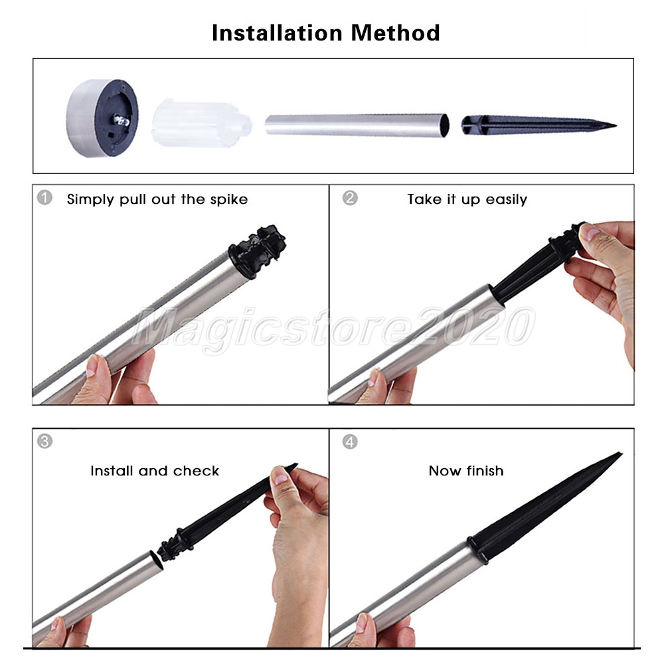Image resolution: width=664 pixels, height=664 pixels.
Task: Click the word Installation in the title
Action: pos(277,33)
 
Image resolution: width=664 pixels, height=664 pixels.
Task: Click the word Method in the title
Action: pos(396,33)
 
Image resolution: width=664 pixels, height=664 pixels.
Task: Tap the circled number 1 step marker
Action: pos(44,197)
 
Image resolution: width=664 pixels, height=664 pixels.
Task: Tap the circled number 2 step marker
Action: pos(350,198)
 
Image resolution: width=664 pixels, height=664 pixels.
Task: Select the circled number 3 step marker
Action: pos(44,442)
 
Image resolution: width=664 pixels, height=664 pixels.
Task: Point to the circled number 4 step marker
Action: pos(350,442)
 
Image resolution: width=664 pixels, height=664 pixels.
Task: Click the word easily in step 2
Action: pos(507,199)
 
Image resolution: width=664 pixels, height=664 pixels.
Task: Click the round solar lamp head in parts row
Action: pos(102,118)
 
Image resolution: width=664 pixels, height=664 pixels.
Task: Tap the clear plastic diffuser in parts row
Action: pos(202,124)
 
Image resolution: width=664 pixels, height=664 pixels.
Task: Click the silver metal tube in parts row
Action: pos(357,125)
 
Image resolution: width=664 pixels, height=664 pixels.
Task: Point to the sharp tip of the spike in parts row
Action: pos(616,125)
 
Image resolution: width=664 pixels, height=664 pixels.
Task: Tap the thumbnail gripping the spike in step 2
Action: pos(590,232)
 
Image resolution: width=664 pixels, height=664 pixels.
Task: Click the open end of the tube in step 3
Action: pos(157,560)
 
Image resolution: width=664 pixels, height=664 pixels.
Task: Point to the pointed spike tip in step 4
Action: pos(621,454)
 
